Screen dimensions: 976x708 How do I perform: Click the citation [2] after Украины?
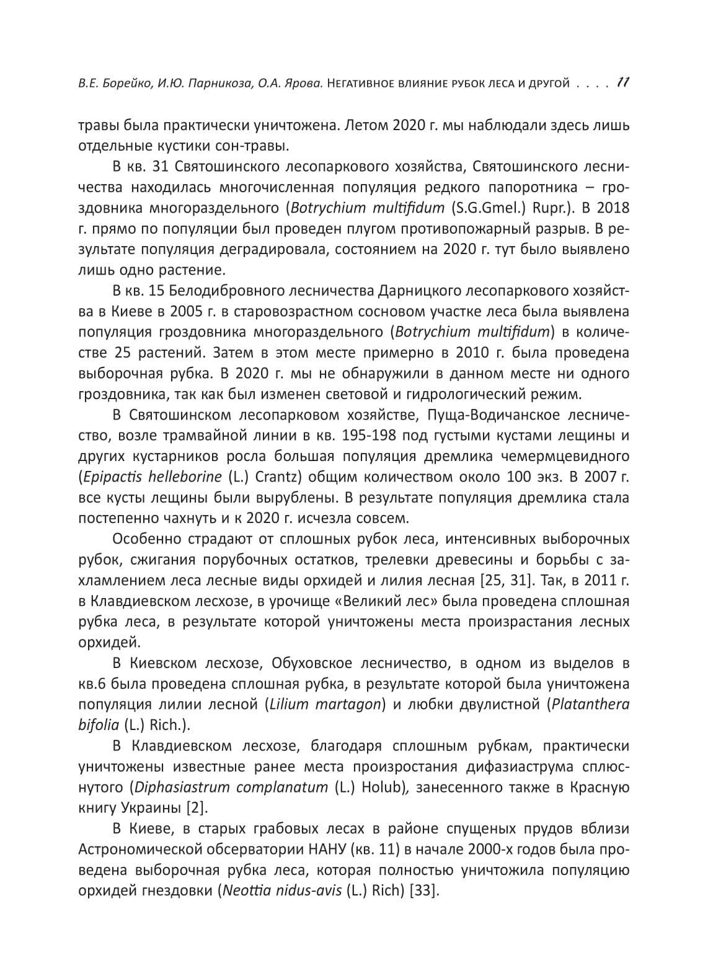click(x=197, y=808)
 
